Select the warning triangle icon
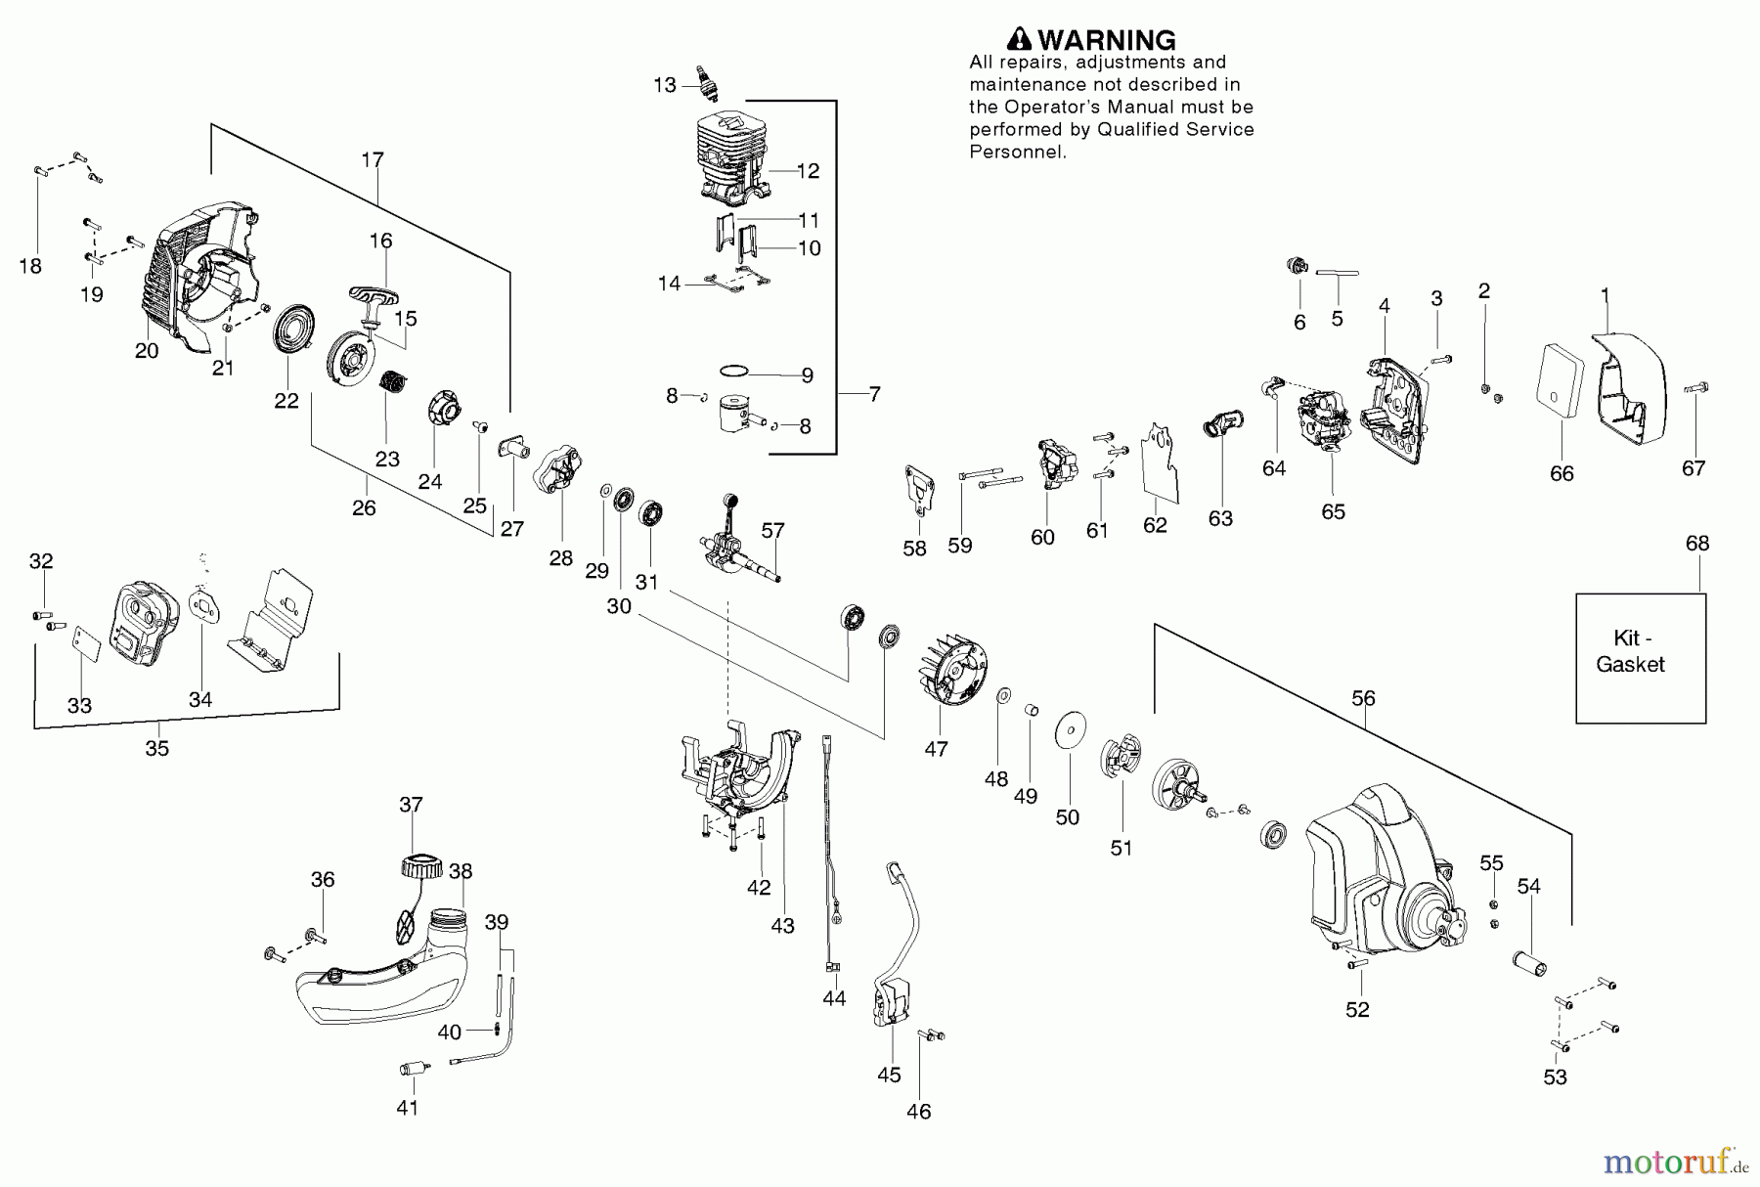[x=1020, y=39]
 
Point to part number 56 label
[x=1363, y=698]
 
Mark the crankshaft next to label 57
[x=739, y=543]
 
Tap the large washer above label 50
[x=1072, y=731]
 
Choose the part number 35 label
[x=157, y=748]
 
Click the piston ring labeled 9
[x=734, y=372]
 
